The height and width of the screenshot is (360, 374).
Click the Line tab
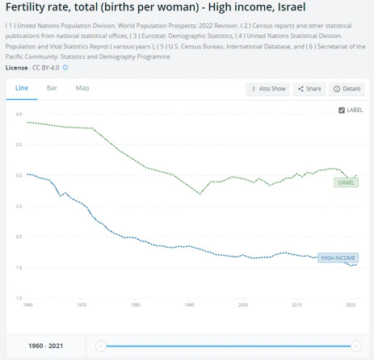click(x=22, y=87)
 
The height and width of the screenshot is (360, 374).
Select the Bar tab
click(x=52, y=87)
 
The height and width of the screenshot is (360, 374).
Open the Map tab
click(x=82, y=87)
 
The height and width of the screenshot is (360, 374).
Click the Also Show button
click(x=267, y=89)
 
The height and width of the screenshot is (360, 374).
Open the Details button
click(x=347, y=89)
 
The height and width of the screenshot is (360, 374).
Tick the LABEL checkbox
click(x=342, y=110)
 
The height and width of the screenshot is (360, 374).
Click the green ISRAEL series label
click(x=345, y=182)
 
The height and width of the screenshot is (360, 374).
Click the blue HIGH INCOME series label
click(x=338, y=257)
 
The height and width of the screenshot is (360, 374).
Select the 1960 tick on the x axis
click(x=28, y=306)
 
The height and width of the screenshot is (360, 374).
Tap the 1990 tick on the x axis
click(x=189, y=306)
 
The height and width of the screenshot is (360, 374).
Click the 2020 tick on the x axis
click(x=350, y=306)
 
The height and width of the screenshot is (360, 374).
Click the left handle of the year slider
click(x=100, y=345)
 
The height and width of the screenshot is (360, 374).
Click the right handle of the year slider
click(x=356, y=345)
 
